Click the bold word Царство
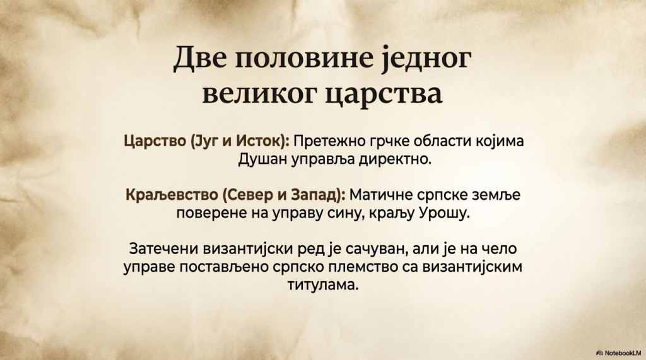point(155,141)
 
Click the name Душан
point(262,160)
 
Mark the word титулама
point(322,285)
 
